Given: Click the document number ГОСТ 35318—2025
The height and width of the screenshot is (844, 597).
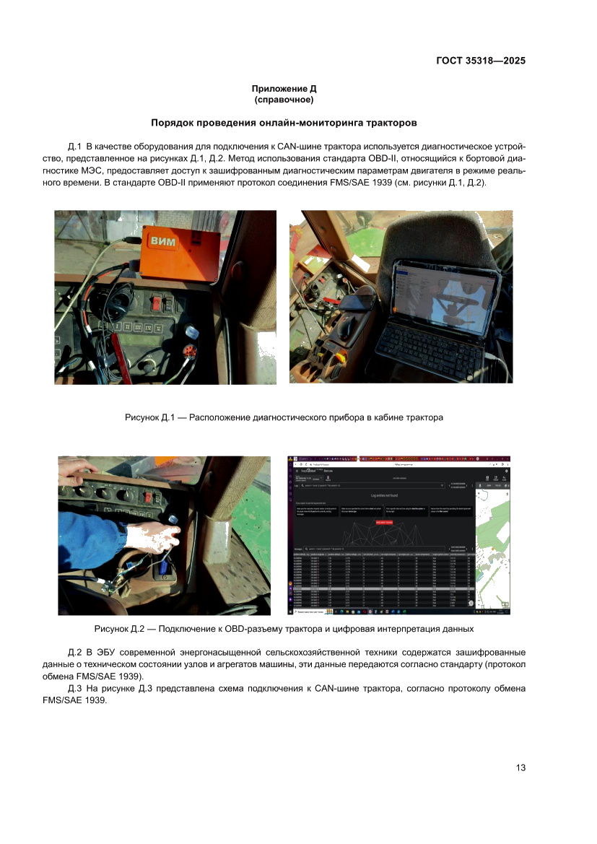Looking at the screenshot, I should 480,61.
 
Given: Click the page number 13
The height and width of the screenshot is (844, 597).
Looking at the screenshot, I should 520,767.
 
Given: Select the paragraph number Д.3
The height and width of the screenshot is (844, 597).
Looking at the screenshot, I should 76,689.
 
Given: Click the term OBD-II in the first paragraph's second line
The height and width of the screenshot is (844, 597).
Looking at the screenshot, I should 265,157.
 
